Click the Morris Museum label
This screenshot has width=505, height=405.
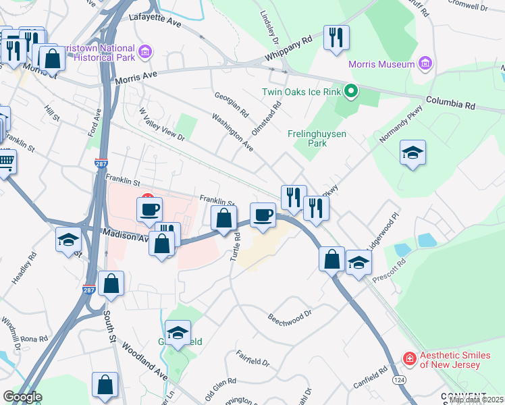pyautogui.click(x=381, y=64)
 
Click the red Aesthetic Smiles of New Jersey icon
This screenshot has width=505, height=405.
pyautogui.click(x=408, y=359)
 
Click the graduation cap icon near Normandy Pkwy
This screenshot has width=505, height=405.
pyautogui.click(x=413, y=153)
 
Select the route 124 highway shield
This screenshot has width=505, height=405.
pyautogui.click(x=400, y=381)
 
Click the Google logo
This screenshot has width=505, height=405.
pyautogui.click(x=22, y=396)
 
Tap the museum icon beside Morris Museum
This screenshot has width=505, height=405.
pyautogui.click(x=425, y=64)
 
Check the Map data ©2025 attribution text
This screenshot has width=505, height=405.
pyautogui.click(x=476, y=400)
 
